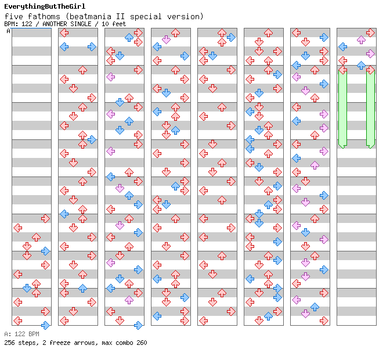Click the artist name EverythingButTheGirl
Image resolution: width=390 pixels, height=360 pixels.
tap(45, 6)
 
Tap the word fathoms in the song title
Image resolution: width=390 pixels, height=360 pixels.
tap(44, 16)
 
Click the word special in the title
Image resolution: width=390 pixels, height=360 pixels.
tap(146, 17)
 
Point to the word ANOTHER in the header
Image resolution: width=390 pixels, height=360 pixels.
tap(55, 24)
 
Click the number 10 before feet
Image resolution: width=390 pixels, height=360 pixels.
tap(105, 24)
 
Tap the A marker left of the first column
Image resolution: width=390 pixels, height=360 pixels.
tap(9, 31)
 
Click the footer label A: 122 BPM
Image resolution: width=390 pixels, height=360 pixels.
tap(21, 334)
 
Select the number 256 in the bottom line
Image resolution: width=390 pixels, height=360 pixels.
tap(9, 343)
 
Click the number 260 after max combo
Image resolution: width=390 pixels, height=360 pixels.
tap(142, 343)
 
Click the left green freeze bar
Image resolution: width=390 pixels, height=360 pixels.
tap(343, 108)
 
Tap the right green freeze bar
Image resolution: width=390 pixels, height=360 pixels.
tap(370, 108)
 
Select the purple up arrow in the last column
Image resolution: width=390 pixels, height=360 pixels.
tap(361, 39)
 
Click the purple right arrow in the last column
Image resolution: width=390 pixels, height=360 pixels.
tap(370, 53)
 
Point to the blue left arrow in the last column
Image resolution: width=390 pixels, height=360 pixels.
tap(343, 46)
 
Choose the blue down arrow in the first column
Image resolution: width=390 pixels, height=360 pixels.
tap(27, 288)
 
